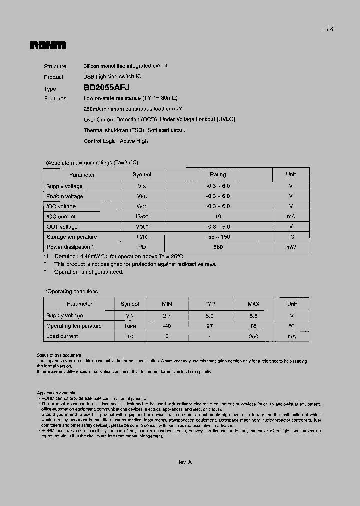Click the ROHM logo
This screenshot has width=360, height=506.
[48, 45]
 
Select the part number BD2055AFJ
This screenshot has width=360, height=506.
[107, 87]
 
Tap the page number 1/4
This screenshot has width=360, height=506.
[327, 29]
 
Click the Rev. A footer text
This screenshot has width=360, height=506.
[184, 462]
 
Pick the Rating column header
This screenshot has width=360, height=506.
[218, 175]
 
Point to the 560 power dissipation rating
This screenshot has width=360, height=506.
[218, 247]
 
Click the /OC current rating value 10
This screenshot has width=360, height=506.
[218, 217]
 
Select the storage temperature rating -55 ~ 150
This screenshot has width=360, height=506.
[218, 237]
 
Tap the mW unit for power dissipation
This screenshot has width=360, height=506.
[291, 247]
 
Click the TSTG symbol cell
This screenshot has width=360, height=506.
[142, 237]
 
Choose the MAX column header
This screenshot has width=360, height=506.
[254, 304]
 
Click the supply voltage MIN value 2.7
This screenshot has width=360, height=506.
[167, 316]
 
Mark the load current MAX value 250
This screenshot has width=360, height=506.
[254, 336]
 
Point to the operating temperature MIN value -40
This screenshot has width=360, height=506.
[167, 326]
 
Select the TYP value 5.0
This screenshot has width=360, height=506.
[209, 316]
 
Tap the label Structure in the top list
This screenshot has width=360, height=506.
[55, 66]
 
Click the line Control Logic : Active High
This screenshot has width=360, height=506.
[116, 141]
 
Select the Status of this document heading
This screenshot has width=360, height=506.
[59, 355]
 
